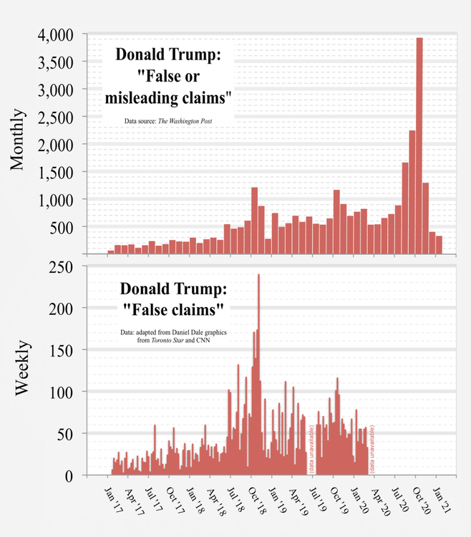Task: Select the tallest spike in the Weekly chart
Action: tap(258, 372)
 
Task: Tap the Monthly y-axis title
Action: tap(19, 140)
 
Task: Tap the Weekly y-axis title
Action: tap(21, 369)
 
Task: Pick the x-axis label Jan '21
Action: tap(442, 500)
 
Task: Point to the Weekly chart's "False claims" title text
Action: tap(173, 300)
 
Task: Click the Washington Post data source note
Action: tap(168, 122)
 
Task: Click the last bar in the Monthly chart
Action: tap(440, 245)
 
